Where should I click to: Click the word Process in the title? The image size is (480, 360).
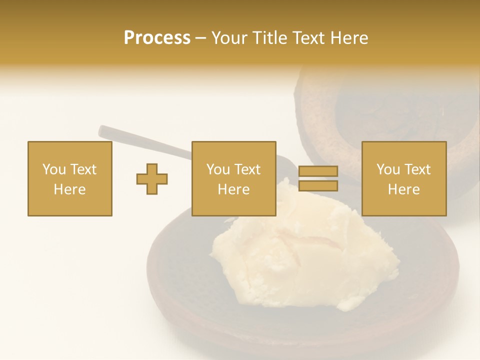[157, 38]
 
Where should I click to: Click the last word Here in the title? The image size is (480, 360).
[349, 38]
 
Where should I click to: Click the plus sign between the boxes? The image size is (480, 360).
[152, 178]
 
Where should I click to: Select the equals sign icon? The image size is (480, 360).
[318, 178]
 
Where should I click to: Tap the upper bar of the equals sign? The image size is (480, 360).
[318, 171]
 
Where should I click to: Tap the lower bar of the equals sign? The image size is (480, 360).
[318, 185]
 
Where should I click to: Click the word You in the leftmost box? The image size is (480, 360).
[54, 169]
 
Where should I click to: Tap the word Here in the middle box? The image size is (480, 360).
[233, 189]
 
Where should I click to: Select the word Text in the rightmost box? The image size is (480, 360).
[418, 169]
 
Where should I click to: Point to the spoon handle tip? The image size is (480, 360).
[102, 130]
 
